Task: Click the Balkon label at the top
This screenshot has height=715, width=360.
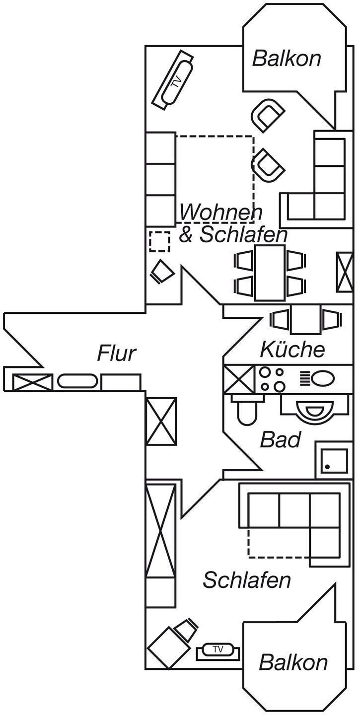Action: click(287, 59)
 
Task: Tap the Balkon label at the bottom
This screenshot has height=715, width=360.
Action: click(293, 662)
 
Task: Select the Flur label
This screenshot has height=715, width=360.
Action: click(117, 354)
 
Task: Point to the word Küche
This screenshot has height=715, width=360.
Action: click(292, 350)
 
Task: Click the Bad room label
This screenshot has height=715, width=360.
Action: click(281, 439)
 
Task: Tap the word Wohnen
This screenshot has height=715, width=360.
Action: click(220, 213)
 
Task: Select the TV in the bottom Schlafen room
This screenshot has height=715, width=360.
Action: click(218, 649)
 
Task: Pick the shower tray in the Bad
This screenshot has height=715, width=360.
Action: click(333, 460)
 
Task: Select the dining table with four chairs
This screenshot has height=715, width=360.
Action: click(270, 273)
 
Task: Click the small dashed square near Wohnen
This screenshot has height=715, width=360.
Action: click(160, 241)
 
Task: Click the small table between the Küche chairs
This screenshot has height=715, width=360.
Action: click(306, 320)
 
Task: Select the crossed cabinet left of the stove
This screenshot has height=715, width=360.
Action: click(239, 379)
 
